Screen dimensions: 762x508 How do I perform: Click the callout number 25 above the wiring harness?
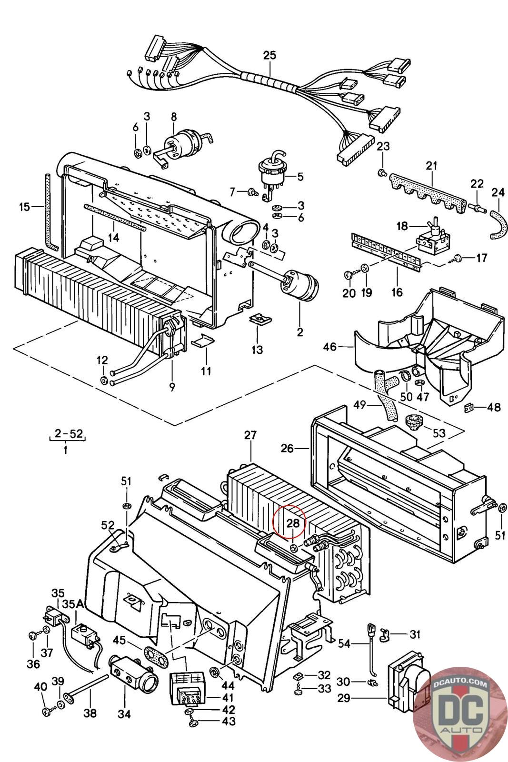[x=269, y=55]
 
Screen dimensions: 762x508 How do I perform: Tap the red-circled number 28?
[x=293, y=523]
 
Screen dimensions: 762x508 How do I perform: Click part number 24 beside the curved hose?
[x=498, y=192]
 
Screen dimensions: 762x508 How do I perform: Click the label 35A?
[x=73, y=604]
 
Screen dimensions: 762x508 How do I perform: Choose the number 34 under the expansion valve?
[x=124, y=715]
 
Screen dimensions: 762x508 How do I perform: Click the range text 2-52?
[x=69, y=434]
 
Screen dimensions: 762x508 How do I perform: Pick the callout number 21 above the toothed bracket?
[x=431, y=166]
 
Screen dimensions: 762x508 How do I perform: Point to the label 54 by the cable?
[x=357, y=643]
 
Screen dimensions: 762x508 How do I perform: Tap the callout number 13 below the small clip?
[x=257, y=350]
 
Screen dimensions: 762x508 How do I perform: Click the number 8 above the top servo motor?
[x=174, y=116]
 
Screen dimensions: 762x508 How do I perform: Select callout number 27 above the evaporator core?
[x=250, y=435]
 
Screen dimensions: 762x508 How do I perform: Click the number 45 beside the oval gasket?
[x=119, y=641]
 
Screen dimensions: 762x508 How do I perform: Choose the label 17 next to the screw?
[x=481, y=258]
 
